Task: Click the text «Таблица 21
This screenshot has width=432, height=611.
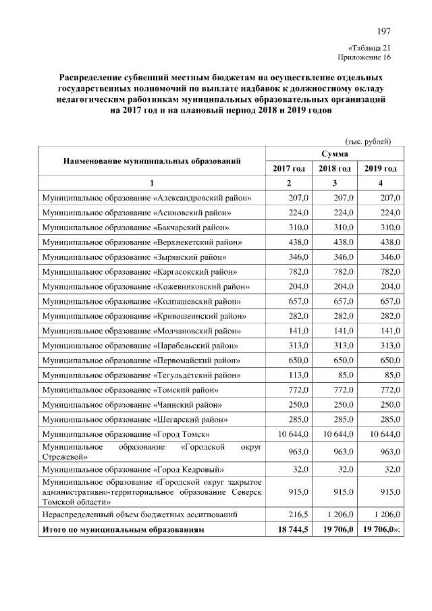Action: pyautogui.click(x=370, y=48)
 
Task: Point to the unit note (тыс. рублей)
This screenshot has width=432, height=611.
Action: pyautogui.click(x=368, y=141)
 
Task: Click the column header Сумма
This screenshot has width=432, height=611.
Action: pyautogui.click(x=335, y=155)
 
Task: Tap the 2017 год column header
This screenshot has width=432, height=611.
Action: pyautogui.click(x=289, y=168)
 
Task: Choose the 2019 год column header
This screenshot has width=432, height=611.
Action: pyautogui.click(x=380, y=168)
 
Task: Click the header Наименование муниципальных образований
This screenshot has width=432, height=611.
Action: pyautogui.click(x=152, y=161)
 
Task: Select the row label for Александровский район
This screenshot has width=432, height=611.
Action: pyautogui.click(x=146, y=198)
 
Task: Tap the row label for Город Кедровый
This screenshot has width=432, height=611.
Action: pyautogui.click(x=133, y=469)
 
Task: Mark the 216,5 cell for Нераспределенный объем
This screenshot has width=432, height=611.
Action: pyautogui.click(x=298, y=514)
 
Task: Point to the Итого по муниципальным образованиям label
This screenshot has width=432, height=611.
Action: pyautogui.click(x=123, y=531)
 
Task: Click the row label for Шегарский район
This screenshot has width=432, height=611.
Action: pyautogui.click(x=132, y=419)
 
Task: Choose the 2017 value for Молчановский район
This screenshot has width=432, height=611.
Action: pyautogui.click(x=298, y=331)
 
